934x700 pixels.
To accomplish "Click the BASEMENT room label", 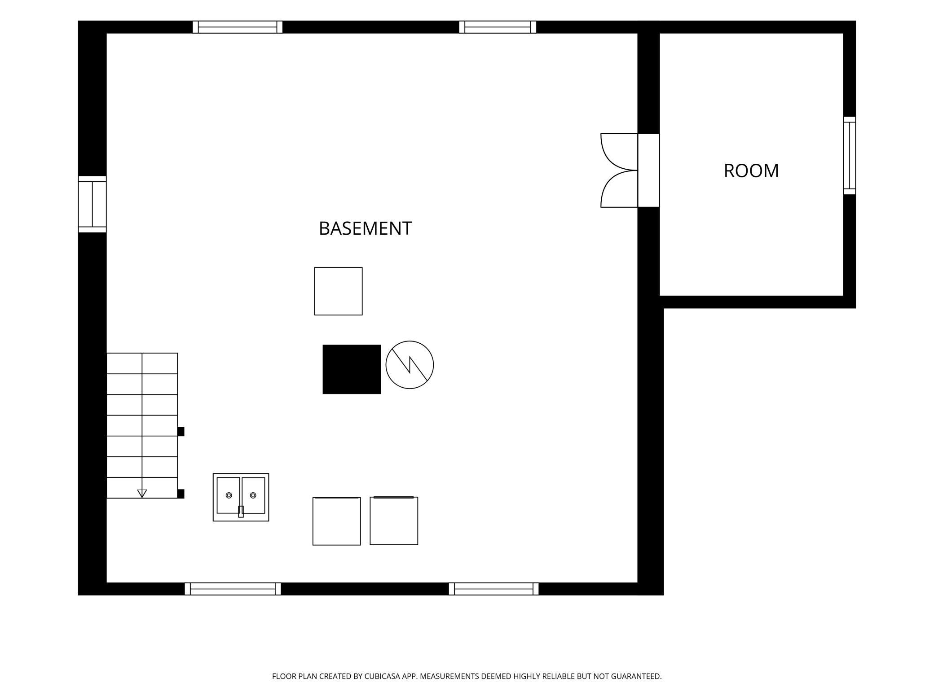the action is (365, 228).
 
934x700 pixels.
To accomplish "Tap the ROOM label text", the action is (751, 171).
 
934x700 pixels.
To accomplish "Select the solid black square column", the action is (352, 369).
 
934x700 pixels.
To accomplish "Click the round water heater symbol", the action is (410, 365).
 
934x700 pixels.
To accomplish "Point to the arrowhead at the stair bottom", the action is (142, 494).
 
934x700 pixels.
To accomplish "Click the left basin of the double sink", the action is (228, 495).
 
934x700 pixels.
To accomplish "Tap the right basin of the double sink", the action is (254, 495).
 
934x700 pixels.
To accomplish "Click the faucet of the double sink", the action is (241, 512).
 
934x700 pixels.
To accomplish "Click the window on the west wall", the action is (92, 204).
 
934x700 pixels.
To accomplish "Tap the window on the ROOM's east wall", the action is (850, 155).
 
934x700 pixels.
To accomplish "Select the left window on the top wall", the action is (238, 27).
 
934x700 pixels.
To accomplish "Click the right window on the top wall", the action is (498, 27).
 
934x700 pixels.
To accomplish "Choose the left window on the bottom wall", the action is (233, 589).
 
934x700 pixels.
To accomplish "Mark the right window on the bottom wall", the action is (493, 589).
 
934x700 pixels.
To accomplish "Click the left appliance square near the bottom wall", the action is (337, 521).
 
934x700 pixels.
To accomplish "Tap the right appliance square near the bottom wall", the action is (394, 521).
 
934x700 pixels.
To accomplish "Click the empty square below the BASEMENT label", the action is (338, 291).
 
